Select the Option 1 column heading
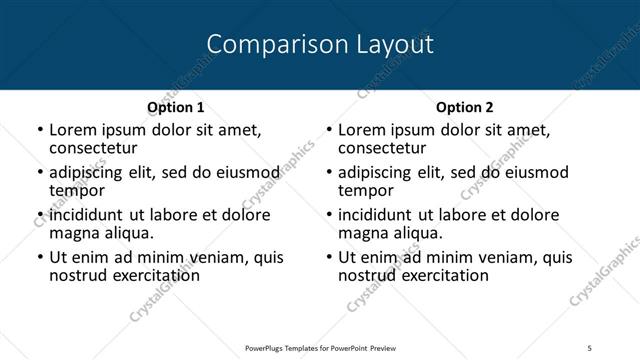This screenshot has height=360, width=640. (175, 107)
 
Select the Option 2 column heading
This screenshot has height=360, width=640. (464, 107)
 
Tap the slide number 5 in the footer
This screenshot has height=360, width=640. (589, 347)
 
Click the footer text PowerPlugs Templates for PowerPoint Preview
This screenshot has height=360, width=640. (319, 347)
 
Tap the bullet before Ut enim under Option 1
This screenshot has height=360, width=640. (39, 258)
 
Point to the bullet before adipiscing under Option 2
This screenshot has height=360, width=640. (328, 173)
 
